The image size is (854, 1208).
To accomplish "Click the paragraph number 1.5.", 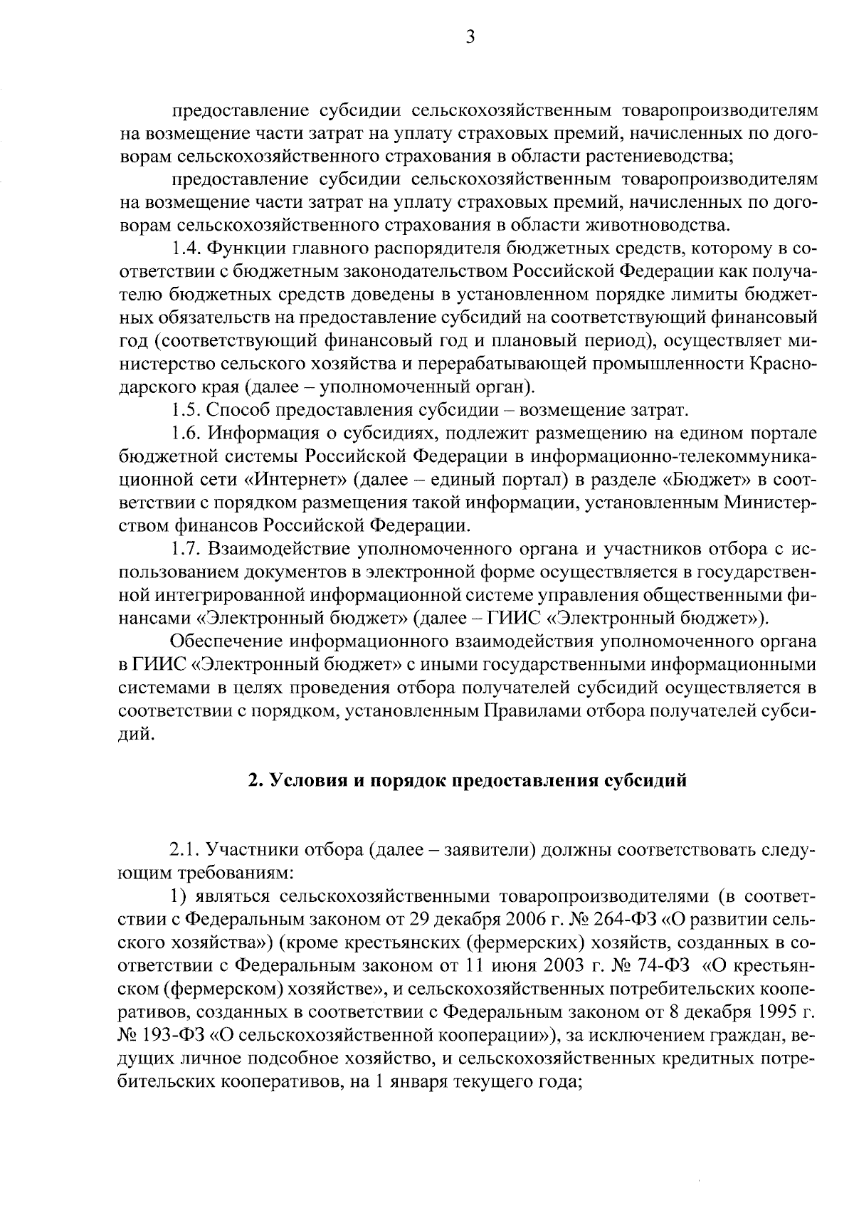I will coord(187,411).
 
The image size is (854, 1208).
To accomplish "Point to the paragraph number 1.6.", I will coord(187,434).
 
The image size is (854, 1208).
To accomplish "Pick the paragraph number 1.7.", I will coord(187,550).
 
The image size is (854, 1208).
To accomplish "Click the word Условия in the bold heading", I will coord(300,781).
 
